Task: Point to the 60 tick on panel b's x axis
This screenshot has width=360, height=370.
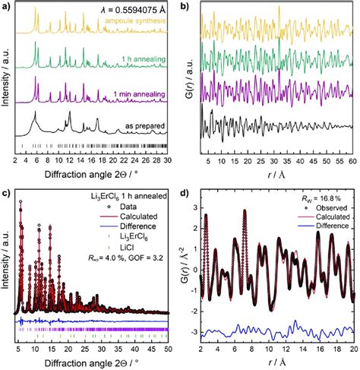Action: pyautogui.click(x=352, y=162)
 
